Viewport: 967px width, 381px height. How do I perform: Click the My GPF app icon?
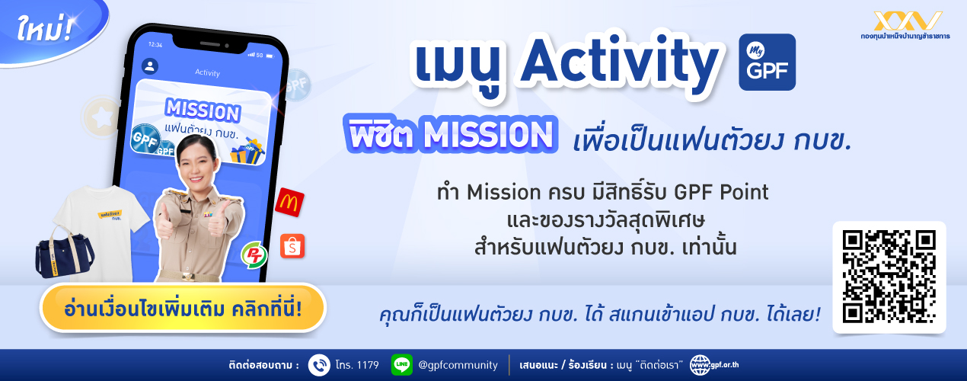point(767,62)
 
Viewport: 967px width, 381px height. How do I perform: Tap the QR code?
point(889,277)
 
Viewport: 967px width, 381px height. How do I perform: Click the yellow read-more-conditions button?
point(183,309)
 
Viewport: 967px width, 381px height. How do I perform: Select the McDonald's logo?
point(289,202)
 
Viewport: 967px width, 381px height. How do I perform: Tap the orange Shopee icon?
point(292,246)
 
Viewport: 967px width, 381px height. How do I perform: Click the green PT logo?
point(254,255)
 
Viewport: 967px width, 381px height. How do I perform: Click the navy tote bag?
point(64,255)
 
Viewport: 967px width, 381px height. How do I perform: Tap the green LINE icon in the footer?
point(401,365)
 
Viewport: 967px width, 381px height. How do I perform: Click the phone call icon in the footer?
point(319,365)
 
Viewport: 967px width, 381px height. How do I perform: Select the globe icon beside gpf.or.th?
point(700,366)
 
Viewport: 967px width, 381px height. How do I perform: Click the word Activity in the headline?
point(620,62)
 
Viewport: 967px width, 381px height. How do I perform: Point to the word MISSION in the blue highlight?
point(488,135)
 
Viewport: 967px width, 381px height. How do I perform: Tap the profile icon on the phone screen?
point(150,66)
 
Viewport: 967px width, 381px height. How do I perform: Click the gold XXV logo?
point(908,21)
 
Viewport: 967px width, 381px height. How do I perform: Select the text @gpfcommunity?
point(458,366)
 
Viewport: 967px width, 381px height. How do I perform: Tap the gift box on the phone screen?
point(247,151)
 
